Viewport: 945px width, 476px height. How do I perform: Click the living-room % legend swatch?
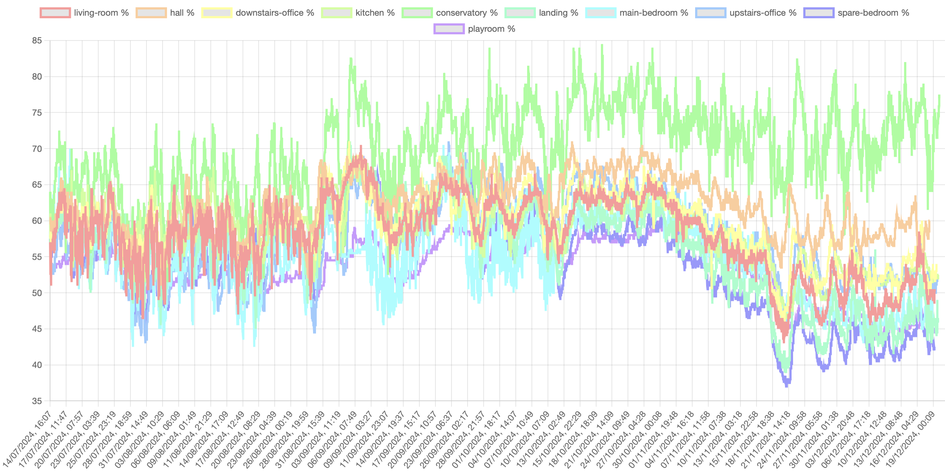tap(55, 13)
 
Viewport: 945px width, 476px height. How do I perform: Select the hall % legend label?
tap(182, 13)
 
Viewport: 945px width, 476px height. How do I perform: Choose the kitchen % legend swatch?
tap(336, 13)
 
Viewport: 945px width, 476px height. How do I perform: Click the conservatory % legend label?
tap(466, 13)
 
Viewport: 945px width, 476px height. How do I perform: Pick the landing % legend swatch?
tap(520, 13)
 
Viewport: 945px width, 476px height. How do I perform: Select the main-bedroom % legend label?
tap(654, 13)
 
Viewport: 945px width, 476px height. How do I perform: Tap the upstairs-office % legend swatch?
tap(710, 13)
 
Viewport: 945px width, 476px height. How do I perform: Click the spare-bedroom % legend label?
tap(873, 13)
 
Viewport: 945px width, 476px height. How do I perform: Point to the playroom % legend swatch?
tap(449, 29)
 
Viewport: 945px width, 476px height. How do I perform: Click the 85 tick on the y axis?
tap(37, 41)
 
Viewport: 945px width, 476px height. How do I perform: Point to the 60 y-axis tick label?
tap(37, 221)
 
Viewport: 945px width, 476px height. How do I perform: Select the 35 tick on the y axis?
tap(37, 401)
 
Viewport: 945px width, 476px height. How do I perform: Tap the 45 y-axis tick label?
tap(37, 329)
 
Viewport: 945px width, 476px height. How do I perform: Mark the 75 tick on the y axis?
tap(37, 113)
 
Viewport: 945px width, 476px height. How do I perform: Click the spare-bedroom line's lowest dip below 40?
tap(786, 386)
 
